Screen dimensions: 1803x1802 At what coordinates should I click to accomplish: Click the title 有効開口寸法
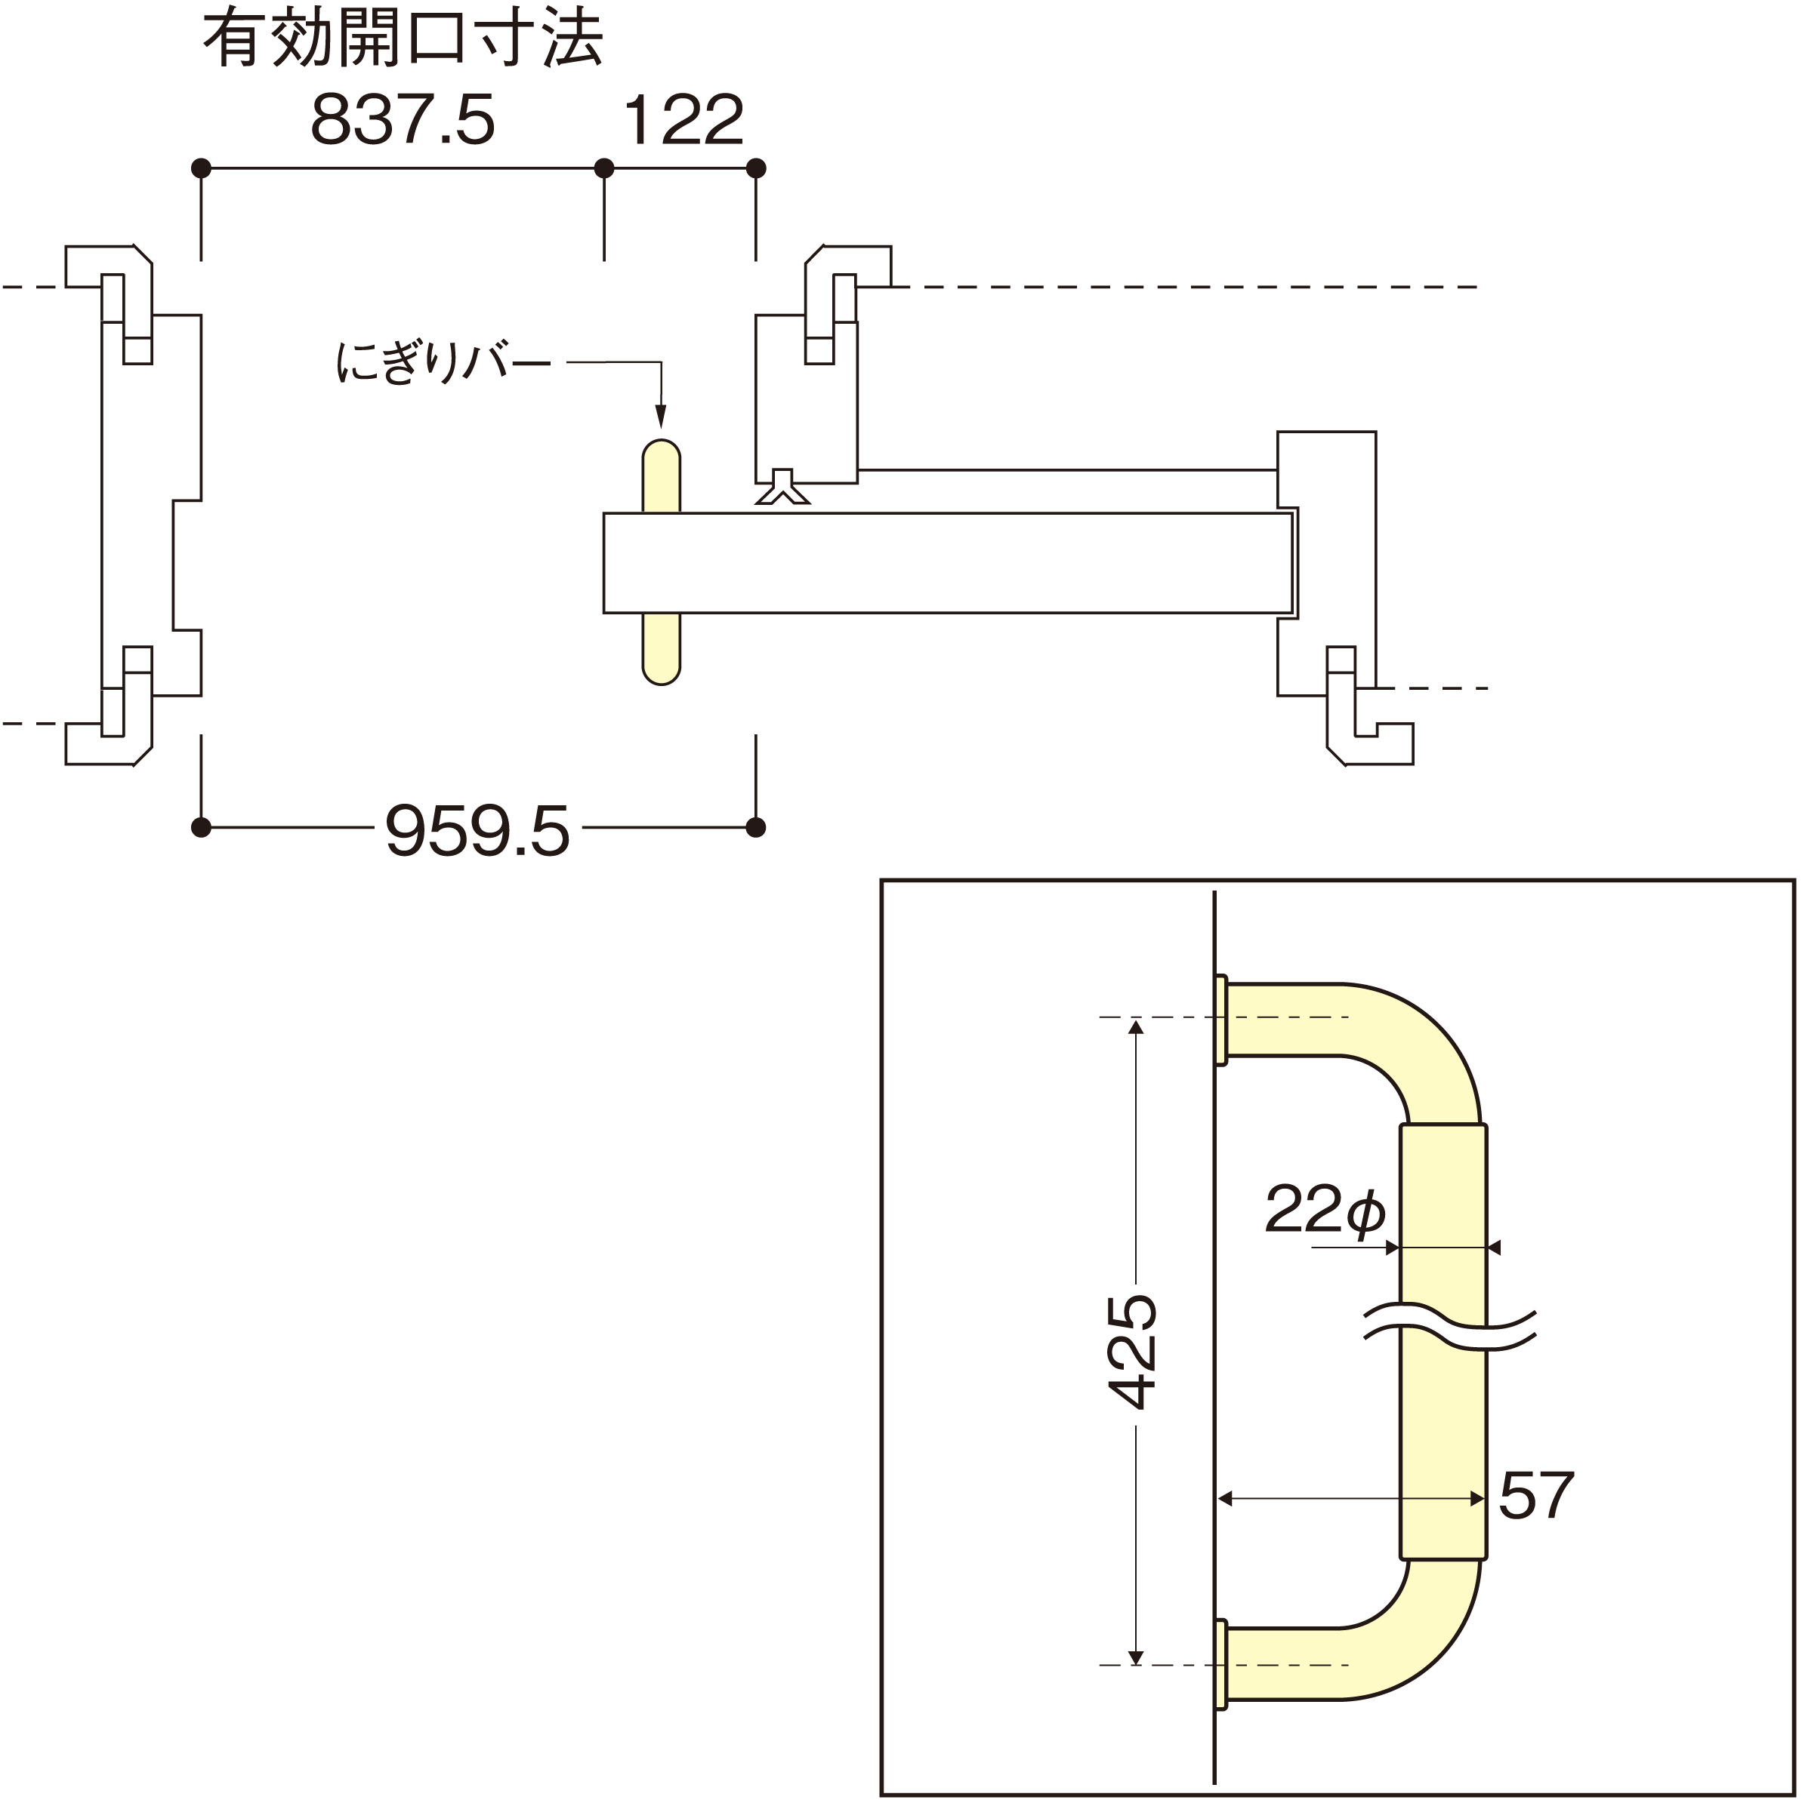pyautogui.click(x=403, y=40)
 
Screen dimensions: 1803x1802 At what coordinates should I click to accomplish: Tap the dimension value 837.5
pyautogui.click(x=403, y=119)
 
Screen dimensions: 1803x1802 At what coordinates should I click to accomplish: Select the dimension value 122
pyautogui.click(x=683, y=119)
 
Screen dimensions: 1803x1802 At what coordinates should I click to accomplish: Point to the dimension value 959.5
pyautogui.click(x=477, y=832)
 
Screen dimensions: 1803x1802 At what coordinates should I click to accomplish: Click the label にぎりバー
pyautogui.click(x=442, y=363)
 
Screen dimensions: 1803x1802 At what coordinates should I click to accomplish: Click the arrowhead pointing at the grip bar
pyautogui.click(x=661, y=417)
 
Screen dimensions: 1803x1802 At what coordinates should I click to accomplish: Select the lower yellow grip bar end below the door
pyautogui.click(x=661, y=650)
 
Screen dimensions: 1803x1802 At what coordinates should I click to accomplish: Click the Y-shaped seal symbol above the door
pyautogui.click(x=782, y=487)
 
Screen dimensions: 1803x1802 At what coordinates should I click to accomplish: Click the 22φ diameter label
pyautogui.click(x=1324, y=1210)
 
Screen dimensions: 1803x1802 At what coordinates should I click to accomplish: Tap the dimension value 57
pyautogui.click(x=1536, y=1496)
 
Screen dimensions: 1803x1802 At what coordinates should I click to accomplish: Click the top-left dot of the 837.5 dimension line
pyautogui.click(x=201, y=168)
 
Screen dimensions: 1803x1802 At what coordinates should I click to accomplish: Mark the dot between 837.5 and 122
pyautogui.click(x=604, y=168)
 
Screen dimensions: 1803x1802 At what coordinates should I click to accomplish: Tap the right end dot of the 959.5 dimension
pyautogui.click(x=756, y=827)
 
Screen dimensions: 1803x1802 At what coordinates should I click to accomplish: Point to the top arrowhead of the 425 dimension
pyautogui.click(x=1135, y=1027)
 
